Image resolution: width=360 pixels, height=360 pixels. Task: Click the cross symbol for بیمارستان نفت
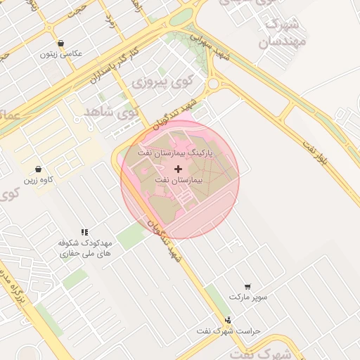click(x=178, y=169)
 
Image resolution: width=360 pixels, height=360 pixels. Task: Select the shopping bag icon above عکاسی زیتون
click(x=61, y=44)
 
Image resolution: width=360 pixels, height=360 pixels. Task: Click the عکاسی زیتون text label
click(x=61, y=53)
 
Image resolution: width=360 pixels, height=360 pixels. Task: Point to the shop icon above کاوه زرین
click(x=38, y=169)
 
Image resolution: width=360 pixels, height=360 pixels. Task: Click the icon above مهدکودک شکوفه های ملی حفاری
click(x=84, y=231)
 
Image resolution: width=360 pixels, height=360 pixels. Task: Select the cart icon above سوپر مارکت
click(x=247, y=286)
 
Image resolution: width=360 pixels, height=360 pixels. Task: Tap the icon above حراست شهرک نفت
click(x=227, y=320)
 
